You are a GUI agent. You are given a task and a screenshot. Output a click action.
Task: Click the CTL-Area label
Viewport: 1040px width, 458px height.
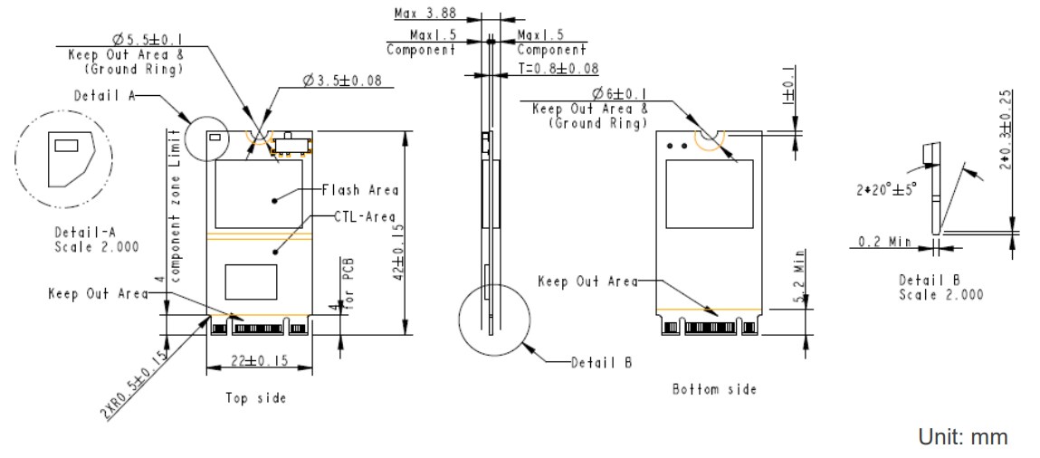354,215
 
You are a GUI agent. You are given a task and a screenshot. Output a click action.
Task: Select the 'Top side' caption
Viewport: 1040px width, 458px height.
256,398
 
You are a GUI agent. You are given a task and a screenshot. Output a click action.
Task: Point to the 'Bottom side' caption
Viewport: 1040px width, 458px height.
714,389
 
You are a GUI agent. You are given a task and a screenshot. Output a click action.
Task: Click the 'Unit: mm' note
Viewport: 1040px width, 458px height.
962,437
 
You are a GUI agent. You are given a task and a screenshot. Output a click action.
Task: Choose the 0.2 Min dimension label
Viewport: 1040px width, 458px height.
884,242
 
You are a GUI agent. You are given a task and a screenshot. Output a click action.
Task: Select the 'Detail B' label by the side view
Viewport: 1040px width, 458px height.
601,363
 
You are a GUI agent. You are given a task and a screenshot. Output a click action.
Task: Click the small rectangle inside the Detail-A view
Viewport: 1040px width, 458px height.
67,145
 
